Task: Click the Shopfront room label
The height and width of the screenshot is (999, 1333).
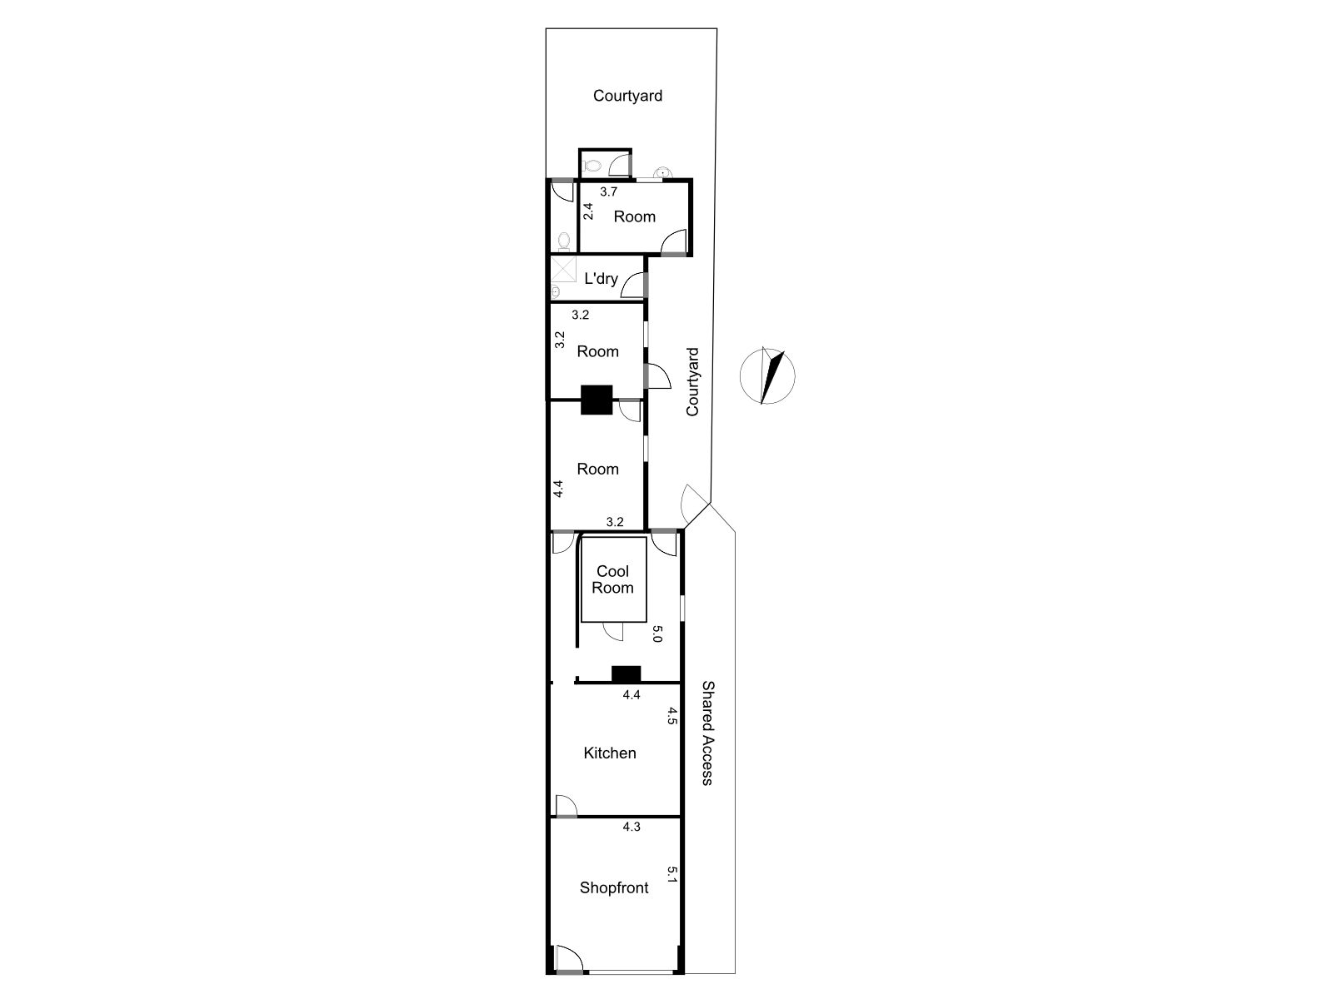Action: tap(613, 888)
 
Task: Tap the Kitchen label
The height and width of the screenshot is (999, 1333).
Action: tap(609, 753)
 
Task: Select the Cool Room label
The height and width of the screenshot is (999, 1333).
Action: tap(612, 579)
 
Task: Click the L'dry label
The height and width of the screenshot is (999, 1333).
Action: tap(601, 278)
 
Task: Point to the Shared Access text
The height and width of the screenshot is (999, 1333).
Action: tap(707, 733)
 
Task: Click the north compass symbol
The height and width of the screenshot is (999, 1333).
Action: tap(767, 376)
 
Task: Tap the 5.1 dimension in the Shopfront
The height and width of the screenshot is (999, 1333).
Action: tap(671, 874)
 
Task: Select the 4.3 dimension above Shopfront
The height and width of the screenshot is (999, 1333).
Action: tap(631, 827)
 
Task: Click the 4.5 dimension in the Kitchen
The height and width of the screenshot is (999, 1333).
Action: tap(671, 716)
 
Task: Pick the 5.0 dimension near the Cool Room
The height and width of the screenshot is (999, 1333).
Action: tap(657, 634)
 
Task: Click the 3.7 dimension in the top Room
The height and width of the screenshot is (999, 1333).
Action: tap(608, 192)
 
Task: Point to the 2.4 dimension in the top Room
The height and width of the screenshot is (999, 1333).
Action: tap(587, 211)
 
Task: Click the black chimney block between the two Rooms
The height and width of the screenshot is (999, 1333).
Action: tap(597, 400)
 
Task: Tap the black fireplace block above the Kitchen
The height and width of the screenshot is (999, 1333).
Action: tap(626, 674)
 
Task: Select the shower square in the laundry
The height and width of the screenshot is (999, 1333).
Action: tap(563, 269)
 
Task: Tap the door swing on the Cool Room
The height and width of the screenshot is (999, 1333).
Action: tap(613, 631)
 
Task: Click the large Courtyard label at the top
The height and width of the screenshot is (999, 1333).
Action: tap(627, 96)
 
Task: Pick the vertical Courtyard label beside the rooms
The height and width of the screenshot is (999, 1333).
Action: tap(692, 382)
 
